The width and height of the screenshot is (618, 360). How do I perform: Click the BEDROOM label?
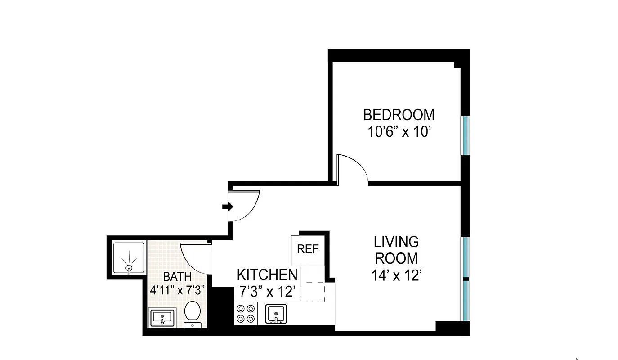[x=399, y=115]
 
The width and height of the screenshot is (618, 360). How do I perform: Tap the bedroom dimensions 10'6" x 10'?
[x=399, y=133]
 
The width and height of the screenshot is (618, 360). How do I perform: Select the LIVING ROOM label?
[x=396, y=250]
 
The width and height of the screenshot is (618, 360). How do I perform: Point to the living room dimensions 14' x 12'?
[x=396, y=275]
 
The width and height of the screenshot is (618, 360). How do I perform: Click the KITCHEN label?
[x=267, y=274]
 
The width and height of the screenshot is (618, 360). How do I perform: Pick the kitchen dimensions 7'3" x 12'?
[x=267, y=292]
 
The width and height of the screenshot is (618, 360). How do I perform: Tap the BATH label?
[x=177, y=276]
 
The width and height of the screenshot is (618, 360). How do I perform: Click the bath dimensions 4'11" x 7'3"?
[x=177, y=289]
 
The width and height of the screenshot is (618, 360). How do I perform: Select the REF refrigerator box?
[x=308, y=250]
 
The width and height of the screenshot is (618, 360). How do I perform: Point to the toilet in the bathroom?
[x=193, y=314]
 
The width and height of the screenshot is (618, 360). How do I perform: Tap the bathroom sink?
[x=161, y=318]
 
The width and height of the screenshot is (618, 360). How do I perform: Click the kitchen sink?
[x=275, y=314]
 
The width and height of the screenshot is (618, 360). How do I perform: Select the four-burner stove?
[x=246, y=314]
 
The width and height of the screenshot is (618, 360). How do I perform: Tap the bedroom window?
[x=466, y=135]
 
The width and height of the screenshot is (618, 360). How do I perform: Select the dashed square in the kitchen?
[x=315, y=291]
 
